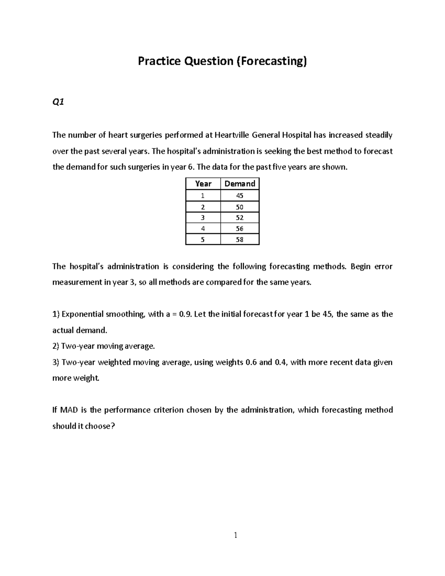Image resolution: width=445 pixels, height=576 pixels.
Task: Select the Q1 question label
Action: (58, 103)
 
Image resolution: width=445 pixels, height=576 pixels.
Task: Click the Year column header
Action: (203, 184)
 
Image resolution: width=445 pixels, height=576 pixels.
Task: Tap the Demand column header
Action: (240, 184)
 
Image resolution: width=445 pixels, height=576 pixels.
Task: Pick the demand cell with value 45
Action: (240, 195)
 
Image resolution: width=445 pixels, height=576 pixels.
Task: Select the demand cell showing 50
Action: (240, 207)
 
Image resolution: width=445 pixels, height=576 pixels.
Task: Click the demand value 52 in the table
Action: (240, 218)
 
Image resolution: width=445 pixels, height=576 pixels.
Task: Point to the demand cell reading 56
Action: (240, 229)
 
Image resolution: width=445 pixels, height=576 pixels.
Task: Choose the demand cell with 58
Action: (240, 240)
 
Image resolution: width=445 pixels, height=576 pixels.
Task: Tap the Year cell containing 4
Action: (202, 229)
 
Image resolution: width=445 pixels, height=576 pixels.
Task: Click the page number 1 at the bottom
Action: (235, 535)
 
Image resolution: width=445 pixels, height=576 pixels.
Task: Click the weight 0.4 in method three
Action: (281, 362)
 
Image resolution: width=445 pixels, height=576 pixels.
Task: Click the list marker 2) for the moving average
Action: (56, 346)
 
